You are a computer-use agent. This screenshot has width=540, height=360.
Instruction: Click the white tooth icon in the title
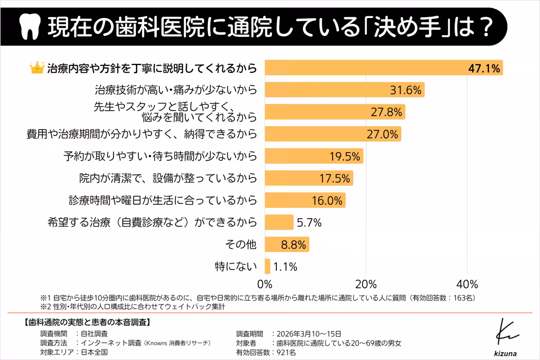[30, 27]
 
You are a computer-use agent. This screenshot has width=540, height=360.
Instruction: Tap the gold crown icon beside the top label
[36, 68]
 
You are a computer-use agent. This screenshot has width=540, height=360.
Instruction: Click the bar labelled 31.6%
[344, 90]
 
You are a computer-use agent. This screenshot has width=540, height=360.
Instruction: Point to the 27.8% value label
[386, 112]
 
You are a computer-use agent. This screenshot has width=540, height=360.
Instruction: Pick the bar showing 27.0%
[333, 134]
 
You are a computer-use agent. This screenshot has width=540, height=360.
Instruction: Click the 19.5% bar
[314, 156]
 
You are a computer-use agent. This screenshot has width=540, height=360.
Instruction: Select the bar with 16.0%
[305, 200]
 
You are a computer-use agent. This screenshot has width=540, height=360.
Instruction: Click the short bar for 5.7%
[279, 222]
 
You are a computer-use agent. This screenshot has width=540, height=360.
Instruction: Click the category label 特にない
[236, 266]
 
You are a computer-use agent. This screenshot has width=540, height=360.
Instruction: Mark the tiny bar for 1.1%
[268, 266]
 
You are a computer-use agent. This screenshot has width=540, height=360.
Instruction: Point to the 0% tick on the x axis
[265, 284]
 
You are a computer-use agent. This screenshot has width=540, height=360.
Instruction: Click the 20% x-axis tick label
[366, 284]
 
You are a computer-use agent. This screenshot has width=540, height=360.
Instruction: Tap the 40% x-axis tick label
[467, 284]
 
